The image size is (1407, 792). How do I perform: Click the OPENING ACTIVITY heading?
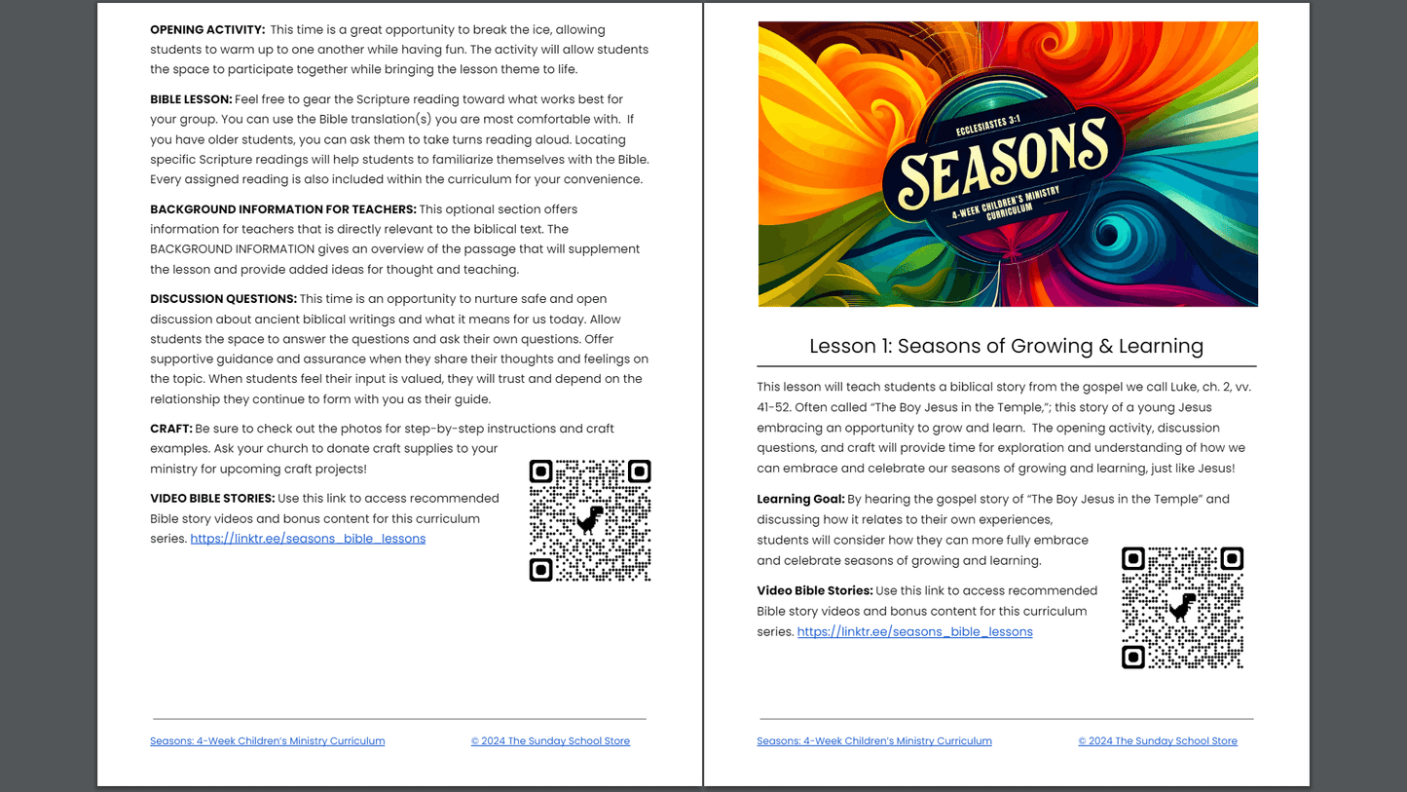point(207,30)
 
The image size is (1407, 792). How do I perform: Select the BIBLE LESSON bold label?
point(191,99)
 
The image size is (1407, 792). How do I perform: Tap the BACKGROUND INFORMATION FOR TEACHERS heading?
point(282,209)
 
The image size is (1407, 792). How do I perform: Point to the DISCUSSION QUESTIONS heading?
point(223,299)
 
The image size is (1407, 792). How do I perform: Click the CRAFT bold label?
point(170,429)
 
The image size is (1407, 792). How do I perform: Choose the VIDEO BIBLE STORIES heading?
point(212,499)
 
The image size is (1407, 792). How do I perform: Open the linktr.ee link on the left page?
point(308,539)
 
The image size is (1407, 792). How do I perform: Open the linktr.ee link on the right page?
point(914,632)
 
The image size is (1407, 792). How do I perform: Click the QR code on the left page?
point(590,521)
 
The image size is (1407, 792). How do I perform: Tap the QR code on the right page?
point(1182,608)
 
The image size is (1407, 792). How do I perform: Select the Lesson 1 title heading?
point(1006,346)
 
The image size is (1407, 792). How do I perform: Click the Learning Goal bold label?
point(800,500)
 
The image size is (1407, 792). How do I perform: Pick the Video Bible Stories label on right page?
point(815,591)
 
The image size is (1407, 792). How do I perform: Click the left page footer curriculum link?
point(267,741)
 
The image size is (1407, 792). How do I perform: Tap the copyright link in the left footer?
point(550,741)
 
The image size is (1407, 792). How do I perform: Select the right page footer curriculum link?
point(873,741)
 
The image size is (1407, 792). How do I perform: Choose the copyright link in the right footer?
point(1157,741)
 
